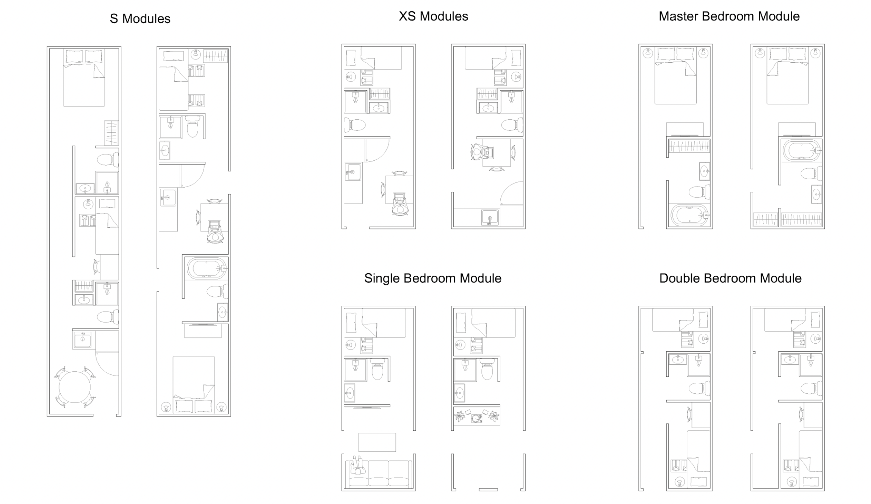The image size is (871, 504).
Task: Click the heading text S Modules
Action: click(140, 19)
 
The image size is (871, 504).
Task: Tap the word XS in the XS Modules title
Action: click(407, 16)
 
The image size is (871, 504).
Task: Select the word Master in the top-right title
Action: click(679, 16)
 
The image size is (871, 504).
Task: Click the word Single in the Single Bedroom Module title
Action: click(382, 279)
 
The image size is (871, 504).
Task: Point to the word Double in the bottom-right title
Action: click(679, 279)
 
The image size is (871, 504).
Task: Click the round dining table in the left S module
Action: click(75, 387)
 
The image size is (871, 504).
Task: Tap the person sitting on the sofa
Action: click(357, 466)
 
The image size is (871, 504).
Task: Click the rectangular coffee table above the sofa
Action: click(377, 442)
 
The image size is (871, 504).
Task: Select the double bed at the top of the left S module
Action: click(84, 78)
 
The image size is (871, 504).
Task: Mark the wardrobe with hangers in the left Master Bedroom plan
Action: click(689, 146)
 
